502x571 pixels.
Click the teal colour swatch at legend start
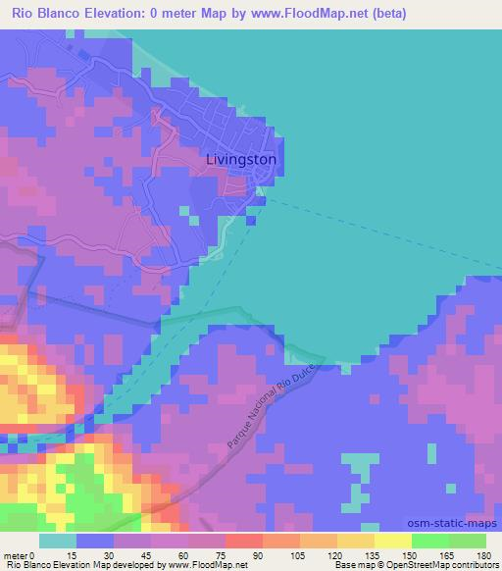tap(58, 542)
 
